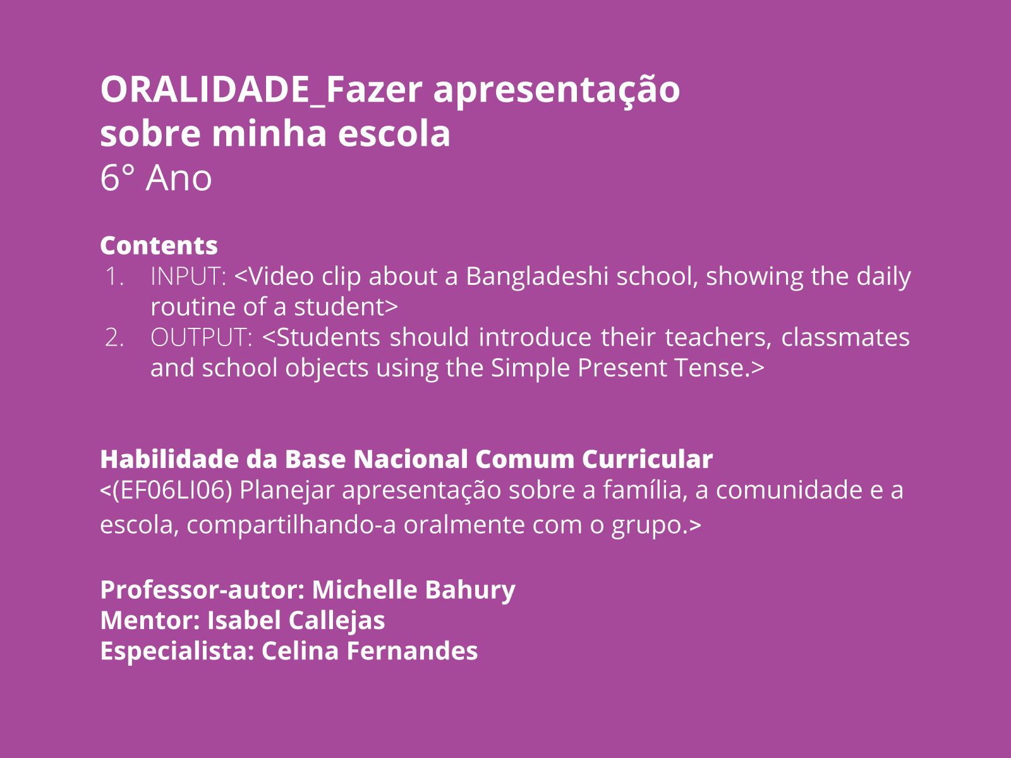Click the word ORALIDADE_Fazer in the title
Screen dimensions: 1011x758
261,90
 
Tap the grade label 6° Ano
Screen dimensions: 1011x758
155,177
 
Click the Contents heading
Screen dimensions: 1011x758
159,245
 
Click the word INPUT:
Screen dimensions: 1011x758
188,277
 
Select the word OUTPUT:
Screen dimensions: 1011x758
202,337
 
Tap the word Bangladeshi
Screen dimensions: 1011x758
537,277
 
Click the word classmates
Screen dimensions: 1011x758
845,337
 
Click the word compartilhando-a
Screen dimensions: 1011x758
291,525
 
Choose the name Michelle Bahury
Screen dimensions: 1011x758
414,590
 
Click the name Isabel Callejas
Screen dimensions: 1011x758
296,621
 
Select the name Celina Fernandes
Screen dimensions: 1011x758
370,651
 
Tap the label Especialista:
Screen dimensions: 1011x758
178,651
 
